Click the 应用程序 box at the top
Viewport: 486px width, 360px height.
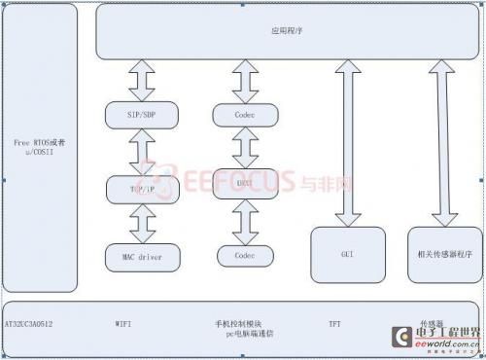(287, 30)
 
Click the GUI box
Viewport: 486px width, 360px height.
(346, 256)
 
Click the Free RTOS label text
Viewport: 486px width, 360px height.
(40, 147)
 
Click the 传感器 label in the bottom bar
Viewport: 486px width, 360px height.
(432, 322)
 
